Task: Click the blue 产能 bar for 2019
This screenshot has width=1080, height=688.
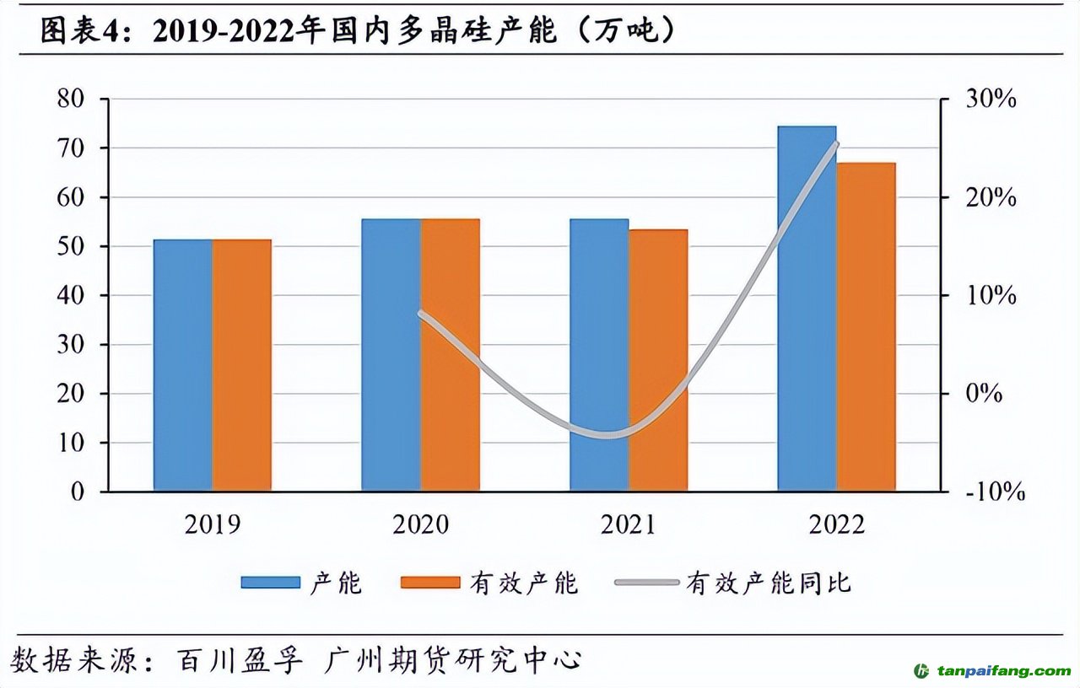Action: click(183, 365)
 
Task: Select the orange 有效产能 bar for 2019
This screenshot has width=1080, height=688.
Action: click(242, 365)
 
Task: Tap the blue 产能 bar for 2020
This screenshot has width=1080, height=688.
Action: click(391, 355)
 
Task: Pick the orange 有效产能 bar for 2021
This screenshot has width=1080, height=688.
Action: click(658, 360)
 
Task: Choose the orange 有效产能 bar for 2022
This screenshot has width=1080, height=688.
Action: click(866, 327)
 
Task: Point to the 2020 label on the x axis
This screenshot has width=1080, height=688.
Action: click(420, 524)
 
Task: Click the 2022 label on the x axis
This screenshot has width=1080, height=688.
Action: click(836, 524)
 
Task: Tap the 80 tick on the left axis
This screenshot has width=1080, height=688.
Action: click(71, 99)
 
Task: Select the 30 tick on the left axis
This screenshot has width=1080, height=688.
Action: click(71, 345)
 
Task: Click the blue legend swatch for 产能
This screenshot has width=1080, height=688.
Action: click(270, 583)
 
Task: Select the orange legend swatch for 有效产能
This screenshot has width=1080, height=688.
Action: click(430, 583)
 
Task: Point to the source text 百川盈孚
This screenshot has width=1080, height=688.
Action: click(239, 659)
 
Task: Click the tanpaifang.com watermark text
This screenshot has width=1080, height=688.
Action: click(1001, 671)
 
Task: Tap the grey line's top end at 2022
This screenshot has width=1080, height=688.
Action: click(836, 143)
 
